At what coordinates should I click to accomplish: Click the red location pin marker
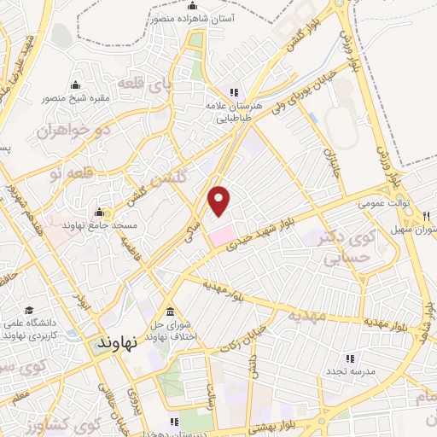click(220, 200)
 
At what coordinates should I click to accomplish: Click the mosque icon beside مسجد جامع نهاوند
click(99, 213)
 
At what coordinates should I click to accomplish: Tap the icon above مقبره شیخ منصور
click(76, 84)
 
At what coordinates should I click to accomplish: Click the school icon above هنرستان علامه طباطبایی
click(231, 93)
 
